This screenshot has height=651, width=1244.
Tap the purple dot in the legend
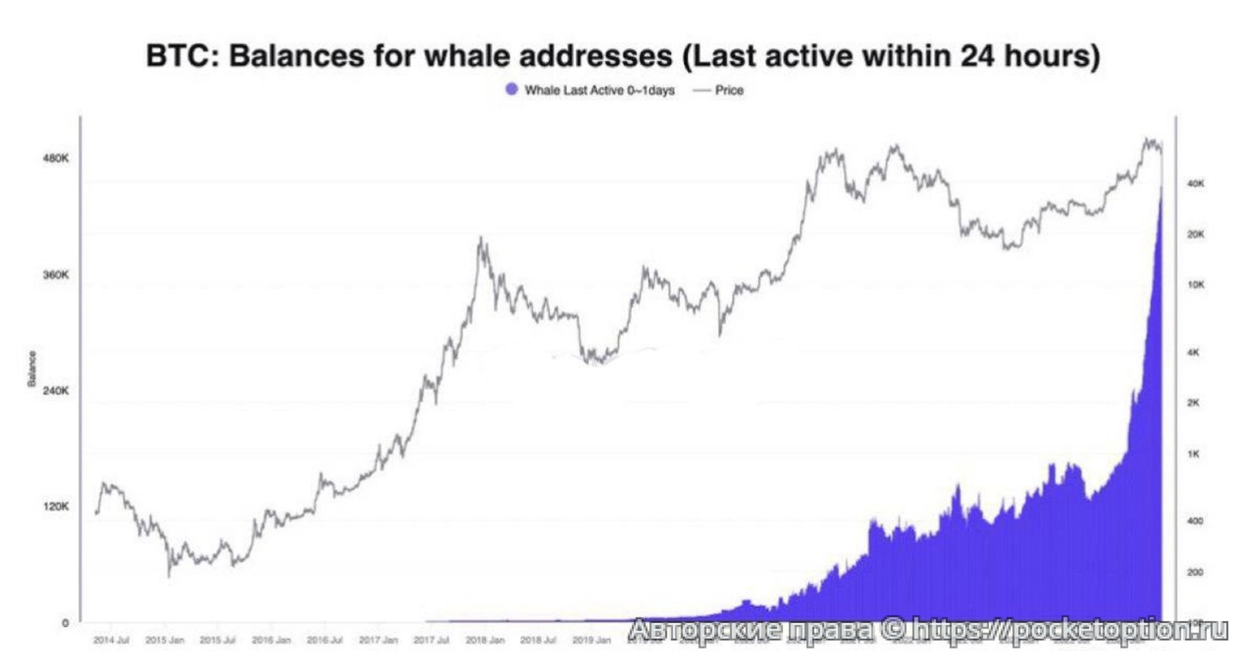[x=511, y=90]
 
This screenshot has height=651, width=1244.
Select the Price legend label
[x=729, y=90]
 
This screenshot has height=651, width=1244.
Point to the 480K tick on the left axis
[x=56, y=158]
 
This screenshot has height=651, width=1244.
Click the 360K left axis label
[x=56, y=274]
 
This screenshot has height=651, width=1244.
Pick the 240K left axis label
[x=56, y=390]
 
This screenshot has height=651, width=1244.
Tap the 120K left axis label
[x=56, y=506]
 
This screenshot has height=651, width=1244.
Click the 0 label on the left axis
[x=65, y=623]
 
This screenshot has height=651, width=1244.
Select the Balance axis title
[x=32, y=368]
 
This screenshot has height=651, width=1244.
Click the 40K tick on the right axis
[x=1195, y=183]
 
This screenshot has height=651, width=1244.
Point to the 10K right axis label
[x=1195, y=285]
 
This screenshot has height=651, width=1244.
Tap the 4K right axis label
[x=1193, y=353]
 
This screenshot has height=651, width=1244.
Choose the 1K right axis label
[x=1193, y=454]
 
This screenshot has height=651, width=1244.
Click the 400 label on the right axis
[x=1195, y=521]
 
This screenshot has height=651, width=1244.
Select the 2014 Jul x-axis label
[x=111, y=640]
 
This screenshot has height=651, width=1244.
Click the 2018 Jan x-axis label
[x=485, y=640]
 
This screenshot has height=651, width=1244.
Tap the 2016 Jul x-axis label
[x=325, y=640]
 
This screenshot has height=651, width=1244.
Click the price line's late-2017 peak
[x=481, y=238]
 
